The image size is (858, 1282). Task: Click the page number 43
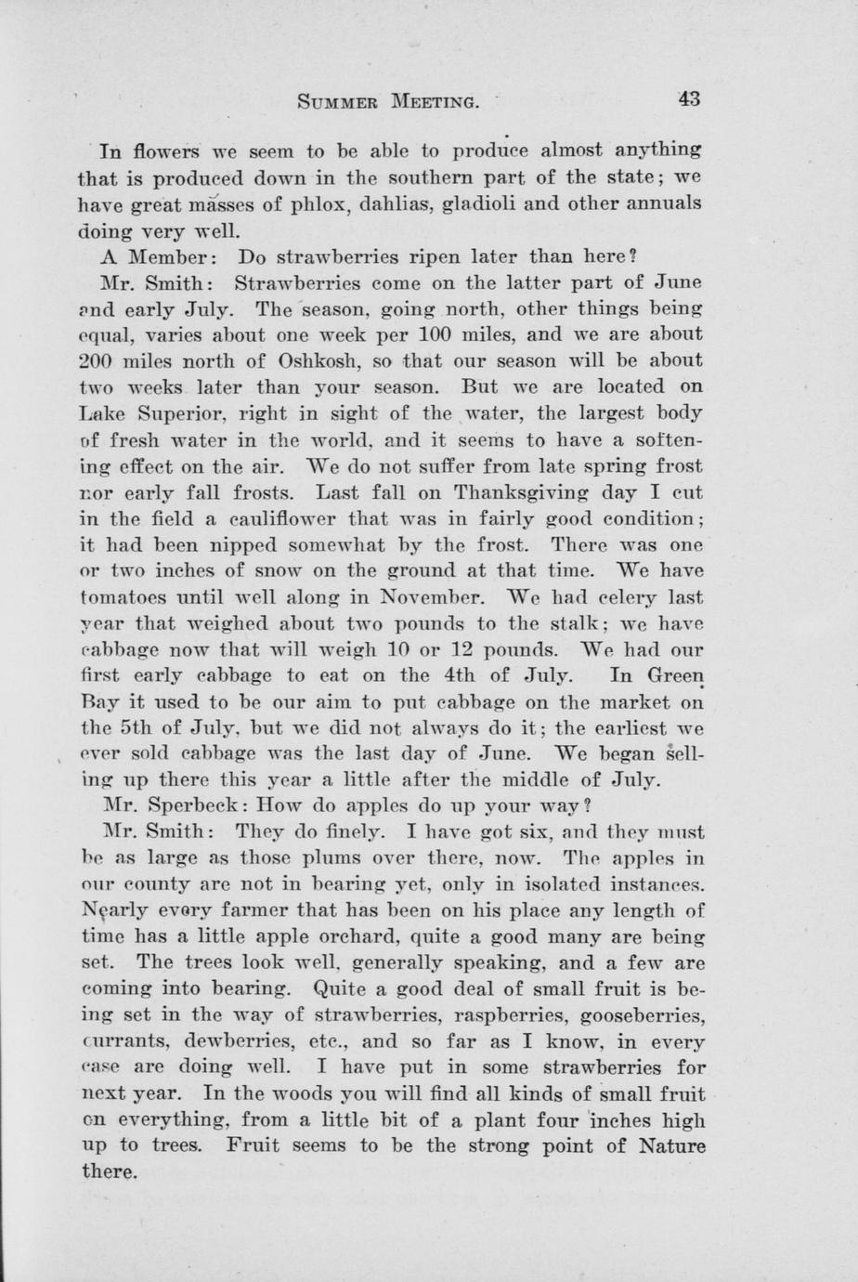click(x=689, y=99)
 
